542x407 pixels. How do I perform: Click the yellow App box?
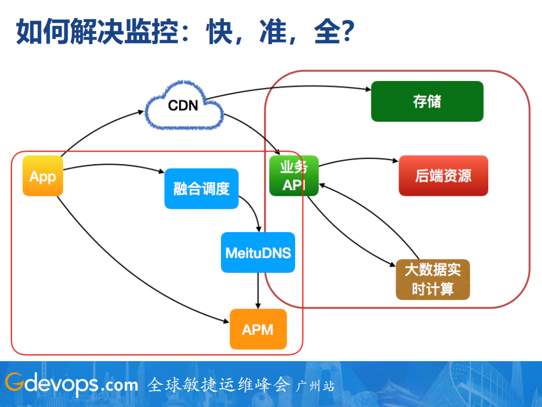click(42, 176)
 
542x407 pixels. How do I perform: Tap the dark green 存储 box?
click(427, 101)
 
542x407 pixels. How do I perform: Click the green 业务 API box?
click(293, 175)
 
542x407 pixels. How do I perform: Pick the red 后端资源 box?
click(443, 175)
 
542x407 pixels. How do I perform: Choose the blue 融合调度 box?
click(201, 188)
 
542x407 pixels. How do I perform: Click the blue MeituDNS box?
click(258, 252)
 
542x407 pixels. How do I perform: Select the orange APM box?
click(258, 329)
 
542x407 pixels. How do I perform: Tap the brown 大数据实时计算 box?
click(432, 280)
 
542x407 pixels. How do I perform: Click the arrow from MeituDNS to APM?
click(258, 290)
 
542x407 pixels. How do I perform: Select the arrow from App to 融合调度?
click(113, 166)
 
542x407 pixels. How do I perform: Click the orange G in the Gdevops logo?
click(14, 383)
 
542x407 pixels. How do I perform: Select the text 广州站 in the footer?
click(315, 385)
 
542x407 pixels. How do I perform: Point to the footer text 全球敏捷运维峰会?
click(218, 385)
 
